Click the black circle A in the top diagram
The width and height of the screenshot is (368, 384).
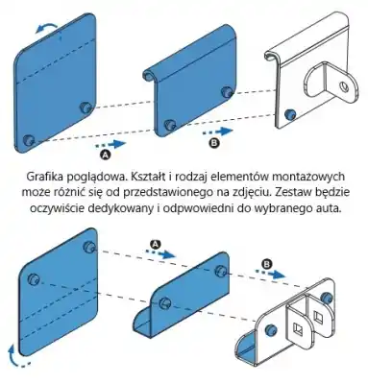106,155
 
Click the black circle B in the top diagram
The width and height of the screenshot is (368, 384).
213,143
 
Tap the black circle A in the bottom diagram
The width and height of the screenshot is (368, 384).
156,244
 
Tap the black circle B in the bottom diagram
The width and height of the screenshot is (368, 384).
266,264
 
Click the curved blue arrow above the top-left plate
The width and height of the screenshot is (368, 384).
47,26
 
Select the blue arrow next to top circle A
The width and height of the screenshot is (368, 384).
111,144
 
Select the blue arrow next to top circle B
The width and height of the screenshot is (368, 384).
217,132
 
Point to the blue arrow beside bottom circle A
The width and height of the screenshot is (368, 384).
161,252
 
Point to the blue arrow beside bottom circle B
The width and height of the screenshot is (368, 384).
270,273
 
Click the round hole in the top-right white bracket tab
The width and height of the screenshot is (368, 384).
344,86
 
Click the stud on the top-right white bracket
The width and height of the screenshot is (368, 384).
290,114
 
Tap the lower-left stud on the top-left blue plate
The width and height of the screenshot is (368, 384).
29,140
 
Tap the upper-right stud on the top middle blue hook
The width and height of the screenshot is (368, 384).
227,91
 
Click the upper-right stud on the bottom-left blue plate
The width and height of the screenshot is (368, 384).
88,247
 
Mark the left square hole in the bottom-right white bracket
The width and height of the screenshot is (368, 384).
298,328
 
